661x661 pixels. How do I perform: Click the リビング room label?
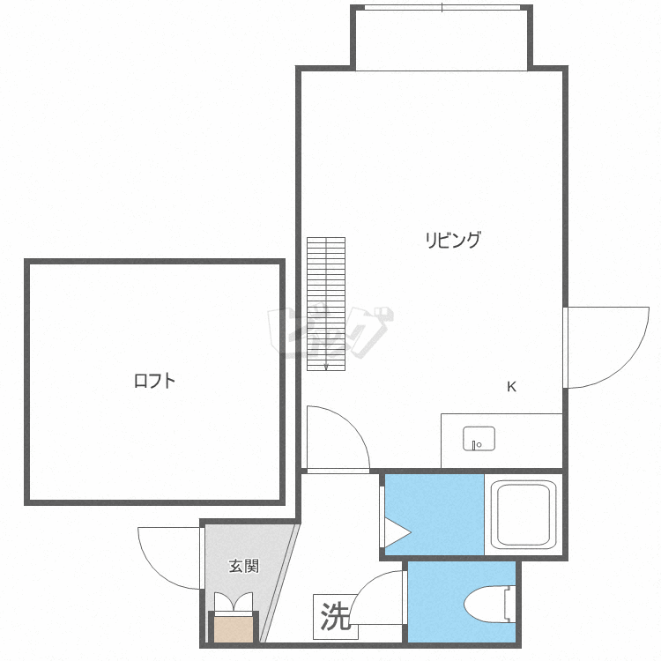click(x=453, y=240)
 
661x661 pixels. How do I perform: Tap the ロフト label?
click(x=154, y=381)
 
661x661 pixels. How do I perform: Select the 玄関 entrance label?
click(x=244, y=566)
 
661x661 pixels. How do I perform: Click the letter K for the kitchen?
click(x=511, y=387)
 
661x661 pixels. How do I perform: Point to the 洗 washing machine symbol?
click(x=336, y=616)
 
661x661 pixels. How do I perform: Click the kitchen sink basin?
click(x=479, y=438)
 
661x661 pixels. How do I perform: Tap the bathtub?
click(x=524, y=515)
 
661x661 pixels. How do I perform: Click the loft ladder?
click(x=326, y=304)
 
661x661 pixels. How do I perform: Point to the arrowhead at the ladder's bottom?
click(x=326, y=368)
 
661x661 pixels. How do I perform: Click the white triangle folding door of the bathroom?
click(x=397, y=533)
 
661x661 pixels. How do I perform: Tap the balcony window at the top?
click(x=442, y=8)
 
